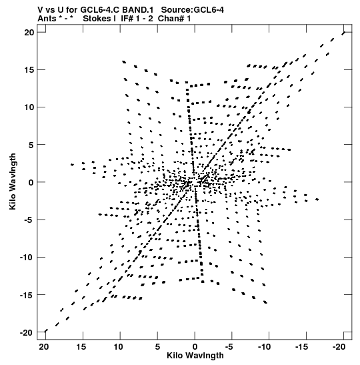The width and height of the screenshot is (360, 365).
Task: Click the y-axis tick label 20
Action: click(29, 32)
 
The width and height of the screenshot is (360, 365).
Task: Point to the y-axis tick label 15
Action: click(29, 70)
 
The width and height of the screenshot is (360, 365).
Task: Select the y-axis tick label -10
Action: click(27, 258)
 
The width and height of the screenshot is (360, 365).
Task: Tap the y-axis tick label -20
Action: click(27, 333)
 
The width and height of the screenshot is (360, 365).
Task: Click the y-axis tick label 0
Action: click(31, 183)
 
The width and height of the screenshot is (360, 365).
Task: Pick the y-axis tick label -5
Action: click(29, 220)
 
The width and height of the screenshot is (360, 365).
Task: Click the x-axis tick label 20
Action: click(44, 347)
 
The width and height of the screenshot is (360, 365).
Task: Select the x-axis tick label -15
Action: click(301, 347)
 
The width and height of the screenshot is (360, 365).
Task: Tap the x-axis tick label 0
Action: click(195, 347)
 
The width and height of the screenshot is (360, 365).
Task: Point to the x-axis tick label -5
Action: click(229, 347)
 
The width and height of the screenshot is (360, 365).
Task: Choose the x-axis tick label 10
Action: click(118, 347)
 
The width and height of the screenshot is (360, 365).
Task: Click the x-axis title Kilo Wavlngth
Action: click(195, 356)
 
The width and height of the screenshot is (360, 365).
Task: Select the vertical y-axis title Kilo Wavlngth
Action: click(13, 181)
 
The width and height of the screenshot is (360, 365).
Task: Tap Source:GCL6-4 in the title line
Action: click(193, 10)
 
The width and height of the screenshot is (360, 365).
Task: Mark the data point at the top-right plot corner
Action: click(344, 33)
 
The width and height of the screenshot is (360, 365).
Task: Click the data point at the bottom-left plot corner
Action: click(46, 331)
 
